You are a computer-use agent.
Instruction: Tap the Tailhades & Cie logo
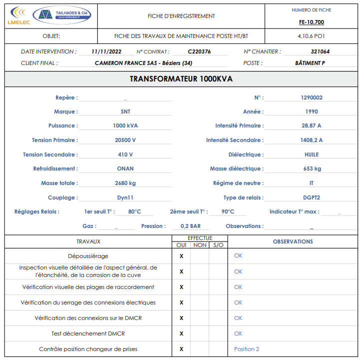(62, 15)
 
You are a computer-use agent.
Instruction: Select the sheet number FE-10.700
(311, 22)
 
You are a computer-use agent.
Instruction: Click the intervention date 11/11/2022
(106, 51)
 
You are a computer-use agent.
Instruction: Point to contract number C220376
(199, 51)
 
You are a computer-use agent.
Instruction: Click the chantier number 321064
(320, 51)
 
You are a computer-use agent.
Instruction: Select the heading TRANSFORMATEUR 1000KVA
(181, 79)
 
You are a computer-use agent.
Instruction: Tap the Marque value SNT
(125, 111)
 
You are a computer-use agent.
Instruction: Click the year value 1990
(311, 111)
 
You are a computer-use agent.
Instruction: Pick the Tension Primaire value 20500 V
(125, 140)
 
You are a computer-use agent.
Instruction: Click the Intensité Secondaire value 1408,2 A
(311, 140)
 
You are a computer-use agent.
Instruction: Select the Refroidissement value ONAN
(125, 168)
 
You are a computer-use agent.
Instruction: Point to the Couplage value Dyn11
(125, 197)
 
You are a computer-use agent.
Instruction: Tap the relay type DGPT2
(311, 197)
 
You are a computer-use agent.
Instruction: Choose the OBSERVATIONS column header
(293, 241)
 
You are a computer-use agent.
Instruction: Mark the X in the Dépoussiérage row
(181, 256)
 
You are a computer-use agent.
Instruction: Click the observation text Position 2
(247, 349)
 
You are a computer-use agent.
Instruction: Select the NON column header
(200, 245)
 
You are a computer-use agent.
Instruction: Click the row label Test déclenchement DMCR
(88, 333)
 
